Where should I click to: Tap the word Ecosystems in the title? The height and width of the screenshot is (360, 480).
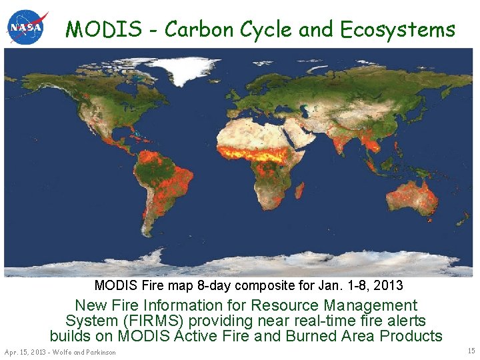[398, 29]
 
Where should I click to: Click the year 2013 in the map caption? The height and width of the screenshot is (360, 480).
[389, 285]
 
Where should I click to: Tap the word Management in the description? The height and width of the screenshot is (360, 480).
[367, 305]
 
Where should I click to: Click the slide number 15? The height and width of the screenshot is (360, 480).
[471, 351]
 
